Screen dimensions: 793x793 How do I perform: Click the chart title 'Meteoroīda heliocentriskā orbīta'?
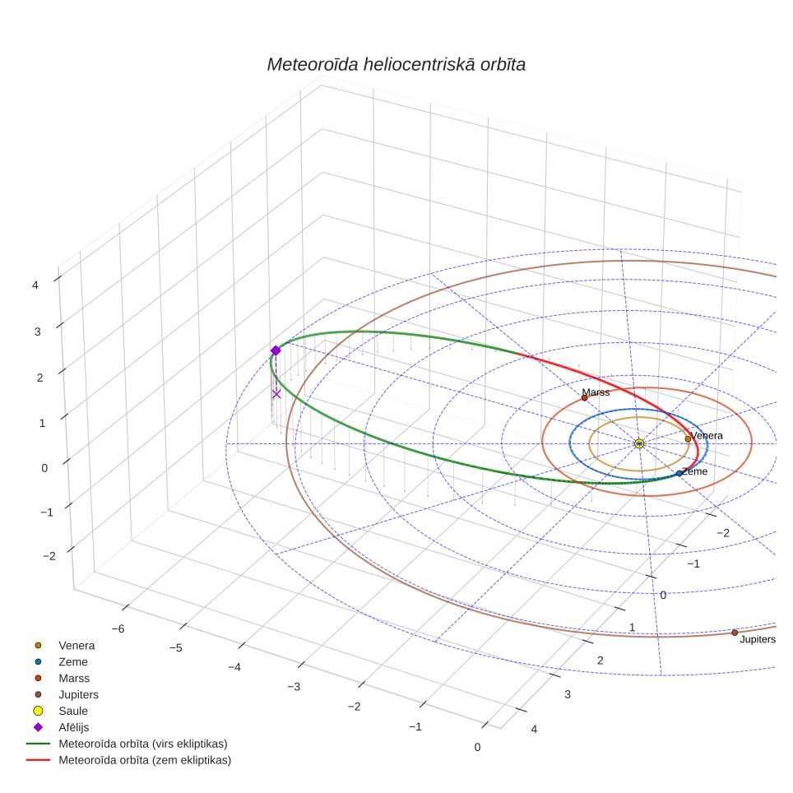[396, 65]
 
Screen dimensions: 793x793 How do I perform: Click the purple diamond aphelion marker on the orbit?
[276, 350]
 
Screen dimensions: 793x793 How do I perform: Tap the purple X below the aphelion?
[276, 394]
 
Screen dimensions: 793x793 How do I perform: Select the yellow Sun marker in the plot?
[639, 443]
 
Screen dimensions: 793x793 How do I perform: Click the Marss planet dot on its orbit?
[585, 398]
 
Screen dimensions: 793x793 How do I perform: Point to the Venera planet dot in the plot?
[688, 439]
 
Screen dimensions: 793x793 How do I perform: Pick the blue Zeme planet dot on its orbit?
[679, 473]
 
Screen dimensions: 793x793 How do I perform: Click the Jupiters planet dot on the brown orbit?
[735, 633]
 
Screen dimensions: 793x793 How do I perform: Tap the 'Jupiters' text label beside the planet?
[758, 639]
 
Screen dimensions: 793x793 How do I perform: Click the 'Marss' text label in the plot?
[596, 392]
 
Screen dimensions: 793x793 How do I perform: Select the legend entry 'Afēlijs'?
[74, 727]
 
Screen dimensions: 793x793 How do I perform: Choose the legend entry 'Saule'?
[73, 711]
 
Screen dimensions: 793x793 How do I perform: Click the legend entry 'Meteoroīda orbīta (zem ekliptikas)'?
[145, 760]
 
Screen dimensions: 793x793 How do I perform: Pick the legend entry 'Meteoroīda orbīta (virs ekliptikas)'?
[143, 744]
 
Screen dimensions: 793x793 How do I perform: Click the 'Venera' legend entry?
[77, 646]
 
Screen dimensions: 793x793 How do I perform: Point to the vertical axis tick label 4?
[35, 285]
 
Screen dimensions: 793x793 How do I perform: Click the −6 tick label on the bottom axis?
[118, 628]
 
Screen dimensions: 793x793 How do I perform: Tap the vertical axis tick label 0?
[44, 468]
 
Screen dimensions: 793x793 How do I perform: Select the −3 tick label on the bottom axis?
[294, 687]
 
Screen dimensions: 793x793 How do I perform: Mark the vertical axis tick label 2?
[40, 378]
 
